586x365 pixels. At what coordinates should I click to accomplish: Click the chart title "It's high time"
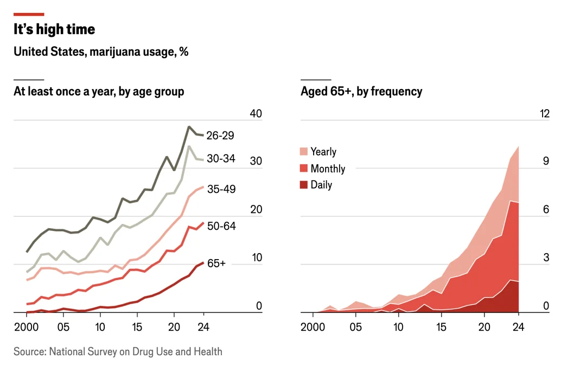click(x=54, y=29)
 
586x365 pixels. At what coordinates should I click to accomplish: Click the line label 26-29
click(x=220, y=135)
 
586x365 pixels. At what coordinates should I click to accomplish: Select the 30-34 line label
click(x=221, y=159)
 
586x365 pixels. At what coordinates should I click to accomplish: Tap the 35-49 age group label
click(x=221, y=189)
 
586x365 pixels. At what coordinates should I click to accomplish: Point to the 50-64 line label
click(x=221, y=226)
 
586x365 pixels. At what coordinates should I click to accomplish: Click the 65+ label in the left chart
click(x=216, y=263)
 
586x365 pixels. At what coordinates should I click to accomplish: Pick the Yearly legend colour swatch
click(x=303, y=152)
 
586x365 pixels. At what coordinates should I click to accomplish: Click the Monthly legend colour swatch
click(x=303, y=168)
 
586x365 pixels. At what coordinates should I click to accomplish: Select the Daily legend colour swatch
click(x=303, y=185)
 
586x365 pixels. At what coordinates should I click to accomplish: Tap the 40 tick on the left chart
click(x=256, y=114)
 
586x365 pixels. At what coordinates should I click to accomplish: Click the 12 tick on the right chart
click(x=545, y=114)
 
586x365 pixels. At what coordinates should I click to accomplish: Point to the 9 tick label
click(x=546, y=161)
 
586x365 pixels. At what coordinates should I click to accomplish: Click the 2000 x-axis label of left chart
click(x=26, y=327)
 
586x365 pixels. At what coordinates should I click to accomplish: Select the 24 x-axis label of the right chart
click(x=518, y=327)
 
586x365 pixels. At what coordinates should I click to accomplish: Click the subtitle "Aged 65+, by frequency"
click(x=361, y=91)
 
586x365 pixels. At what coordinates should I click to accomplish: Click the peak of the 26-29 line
click(x=189, y=127)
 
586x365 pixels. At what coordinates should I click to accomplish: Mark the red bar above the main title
click(x=29, y=14)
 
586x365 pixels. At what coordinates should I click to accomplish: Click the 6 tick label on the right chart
click(x=546, y=210)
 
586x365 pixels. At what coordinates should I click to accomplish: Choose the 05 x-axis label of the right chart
click(x=355, y=327)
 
